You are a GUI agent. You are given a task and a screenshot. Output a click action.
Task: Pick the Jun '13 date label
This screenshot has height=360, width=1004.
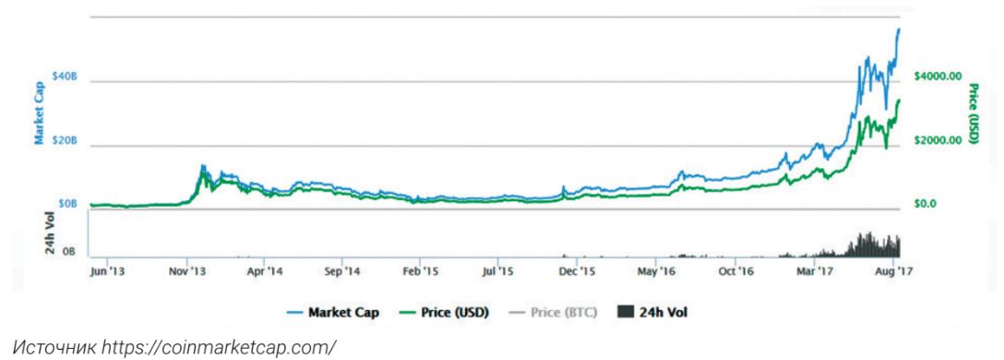pos(107,272)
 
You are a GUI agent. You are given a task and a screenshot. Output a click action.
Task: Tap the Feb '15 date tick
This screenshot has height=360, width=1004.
pos(421,272)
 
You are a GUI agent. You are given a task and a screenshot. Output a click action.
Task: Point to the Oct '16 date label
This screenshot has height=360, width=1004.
pos(738,272)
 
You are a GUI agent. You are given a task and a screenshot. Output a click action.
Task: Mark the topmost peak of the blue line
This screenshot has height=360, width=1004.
pos(899,29)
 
